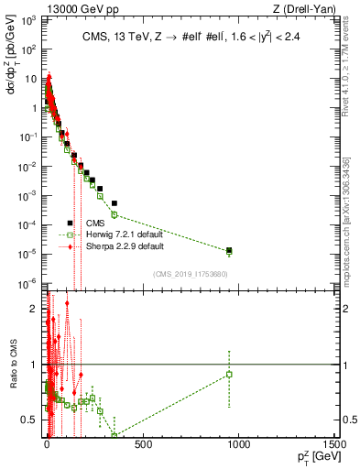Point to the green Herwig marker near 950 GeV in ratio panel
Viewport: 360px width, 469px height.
tap(229, 374)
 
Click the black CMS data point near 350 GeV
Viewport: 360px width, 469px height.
tap(115, 202)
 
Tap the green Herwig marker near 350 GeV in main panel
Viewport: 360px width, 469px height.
tap(115, 214)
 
